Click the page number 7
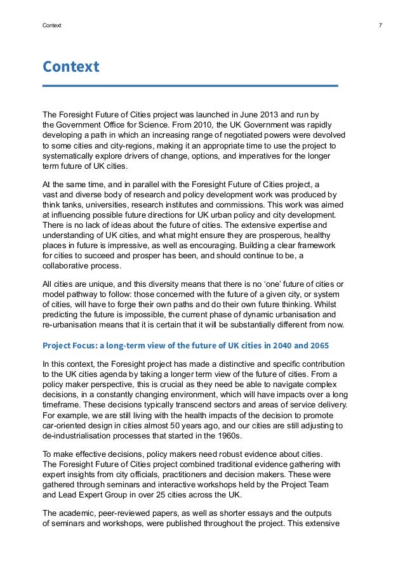pyautogui.click(x=379, y=26)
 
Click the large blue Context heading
pyautogui.click(x=70, y=67)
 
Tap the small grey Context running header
pyautogui.click(x=52, y=26)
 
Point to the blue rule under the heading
pyautogui.click(x=190, y=85)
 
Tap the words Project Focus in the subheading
pyautogui.click(x=67, y=345)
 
